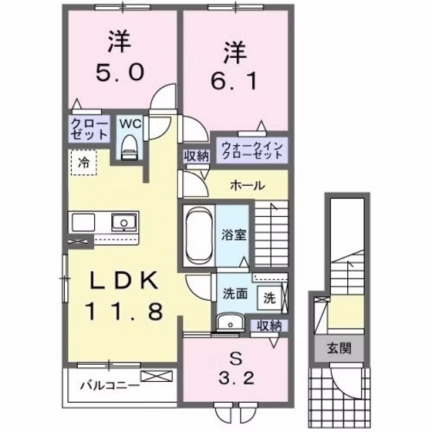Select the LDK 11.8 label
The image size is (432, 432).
[x=127, y=296]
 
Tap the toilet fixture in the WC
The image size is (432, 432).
[x=129, y=145]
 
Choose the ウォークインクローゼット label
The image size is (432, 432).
[x=251, y=149]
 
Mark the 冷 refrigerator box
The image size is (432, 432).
[x=82, y=164]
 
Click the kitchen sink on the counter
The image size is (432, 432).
[x=122, y=224]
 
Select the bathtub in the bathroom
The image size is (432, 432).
[x=198, y=234]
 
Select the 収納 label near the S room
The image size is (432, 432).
[x=269, y=326]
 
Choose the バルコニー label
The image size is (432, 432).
[x=103, y=383]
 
